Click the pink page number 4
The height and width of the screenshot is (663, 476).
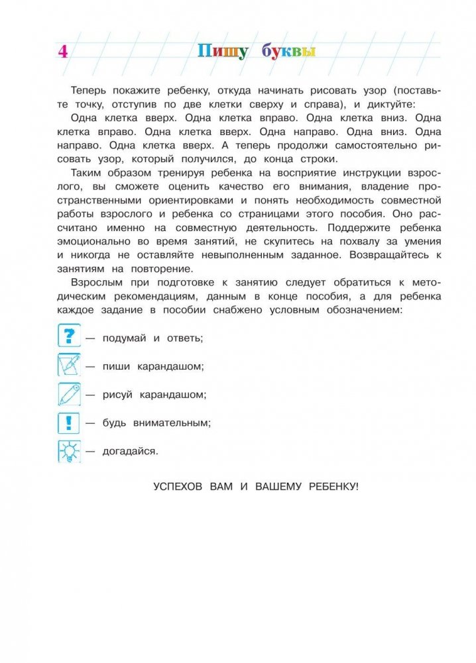point(63,52)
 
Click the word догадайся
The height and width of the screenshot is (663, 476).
point(130,451)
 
